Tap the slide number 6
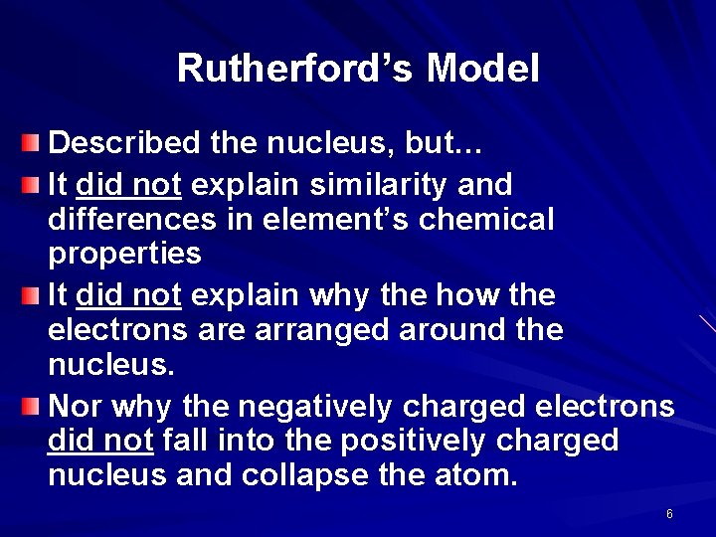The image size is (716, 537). pyautogui.click(x=669, y=514)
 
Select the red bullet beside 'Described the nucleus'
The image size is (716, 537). pyautogui.click(x=32, y=144)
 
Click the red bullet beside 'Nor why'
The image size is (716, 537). pyautogui.click(x=32, y=406)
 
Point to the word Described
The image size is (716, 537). pyautogui.click(x=124, y=144)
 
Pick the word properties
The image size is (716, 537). pyautogui.click(x=124, y=255)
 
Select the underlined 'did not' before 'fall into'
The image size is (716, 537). pyautogui.click(x=99, y=441)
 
